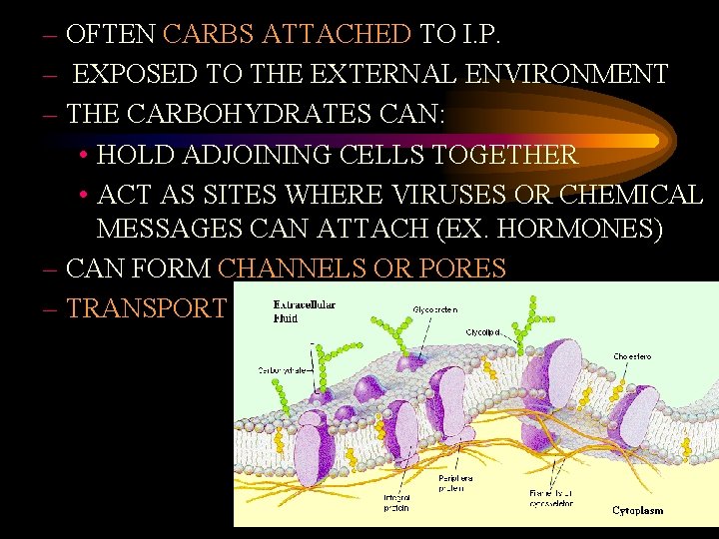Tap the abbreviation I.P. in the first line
[x=480, y=34]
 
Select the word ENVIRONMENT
[x=574, y=74]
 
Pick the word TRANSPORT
[x=146, y=308]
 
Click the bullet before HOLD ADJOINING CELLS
[x=84, y=156]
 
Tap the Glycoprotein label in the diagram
[x=436, y=309]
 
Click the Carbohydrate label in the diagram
[x=284, y=369]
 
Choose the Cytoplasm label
[x=637, y=511]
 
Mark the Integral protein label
[x=396, y=502]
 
